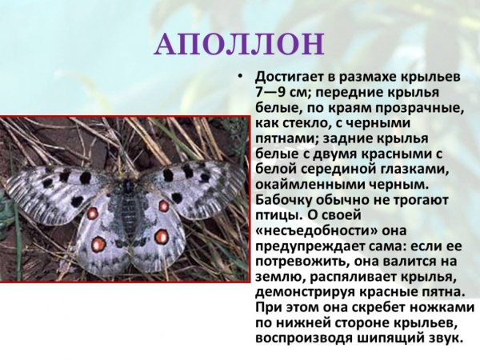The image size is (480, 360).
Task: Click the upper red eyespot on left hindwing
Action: click(x=93, y=214)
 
